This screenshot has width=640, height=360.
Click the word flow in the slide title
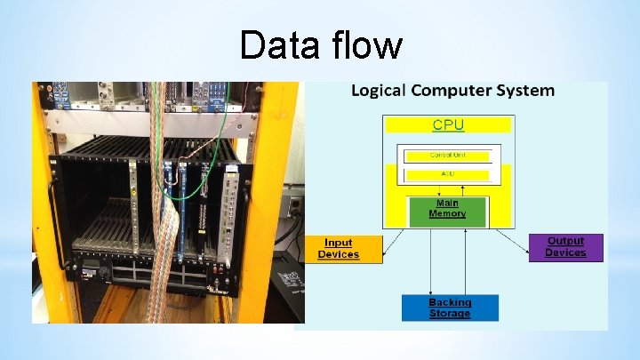coord(364,44)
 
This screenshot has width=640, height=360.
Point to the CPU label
coord(448,124)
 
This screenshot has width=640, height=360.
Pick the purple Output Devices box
coord(565,247)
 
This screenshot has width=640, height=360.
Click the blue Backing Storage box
coord(450,308)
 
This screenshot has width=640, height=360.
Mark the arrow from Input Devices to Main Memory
coord(393,240)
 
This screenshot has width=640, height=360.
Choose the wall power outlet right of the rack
coord(294,206)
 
